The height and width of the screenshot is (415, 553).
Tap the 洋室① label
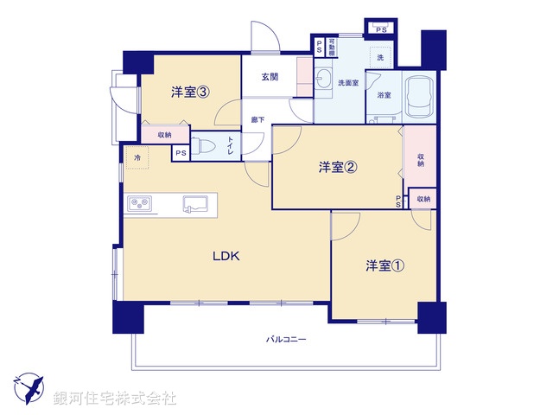click(384, 265)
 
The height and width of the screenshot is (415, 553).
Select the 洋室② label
click(338, 169)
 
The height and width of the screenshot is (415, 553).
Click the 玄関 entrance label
click(270, 77)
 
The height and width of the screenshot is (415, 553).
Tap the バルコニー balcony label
click(286, 339)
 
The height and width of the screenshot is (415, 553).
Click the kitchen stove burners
click(140, 205)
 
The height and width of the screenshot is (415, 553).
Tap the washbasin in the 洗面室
click(324, 80)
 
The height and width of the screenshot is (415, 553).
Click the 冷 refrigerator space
click(137, 158)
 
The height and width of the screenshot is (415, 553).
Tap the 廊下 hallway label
click(258, 119)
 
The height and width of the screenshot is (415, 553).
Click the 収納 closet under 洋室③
click(164, 135)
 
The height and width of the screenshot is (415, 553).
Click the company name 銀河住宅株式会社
click(116, 399)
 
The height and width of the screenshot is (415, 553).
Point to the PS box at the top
click(381, 29)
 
